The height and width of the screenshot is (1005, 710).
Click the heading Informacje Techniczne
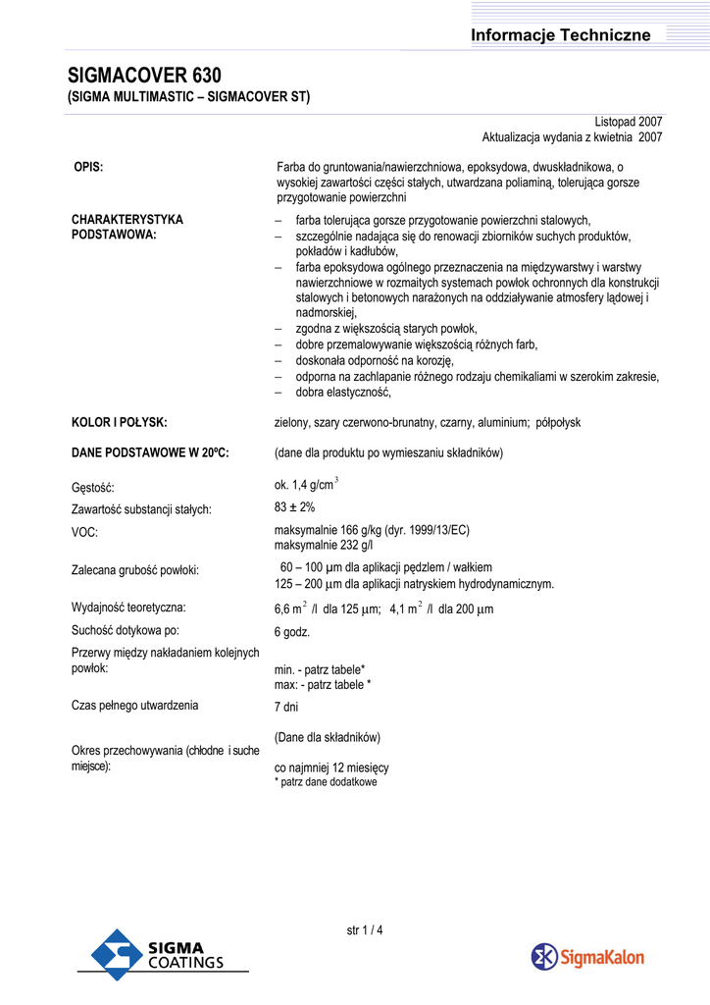point(560,35)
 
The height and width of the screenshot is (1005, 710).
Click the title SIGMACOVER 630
point(144,76)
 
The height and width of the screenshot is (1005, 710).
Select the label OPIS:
point(88,168)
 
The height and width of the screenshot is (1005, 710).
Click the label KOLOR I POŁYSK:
point(120,422)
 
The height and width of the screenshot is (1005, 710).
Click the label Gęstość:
point(93,487)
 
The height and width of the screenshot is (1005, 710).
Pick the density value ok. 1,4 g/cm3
point(306,484)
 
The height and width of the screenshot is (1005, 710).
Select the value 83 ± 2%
point(294,507)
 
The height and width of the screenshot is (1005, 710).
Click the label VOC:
point(85,532)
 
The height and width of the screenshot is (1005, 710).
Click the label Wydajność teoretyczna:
point(128,608)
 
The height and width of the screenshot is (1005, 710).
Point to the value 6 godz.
point(292,632)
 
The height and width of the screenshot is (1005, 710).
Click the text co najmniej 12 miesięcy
point(331,767)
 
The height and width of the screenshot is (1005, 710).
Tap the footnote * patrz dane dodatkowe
point(326,782)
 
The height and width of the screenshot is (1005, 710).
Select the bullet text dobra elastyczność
point(343,393)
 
